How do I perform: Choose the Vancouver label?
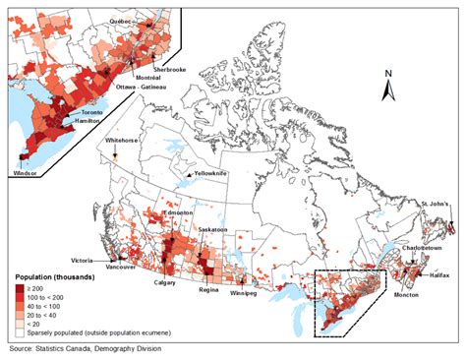coord(120,268)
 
